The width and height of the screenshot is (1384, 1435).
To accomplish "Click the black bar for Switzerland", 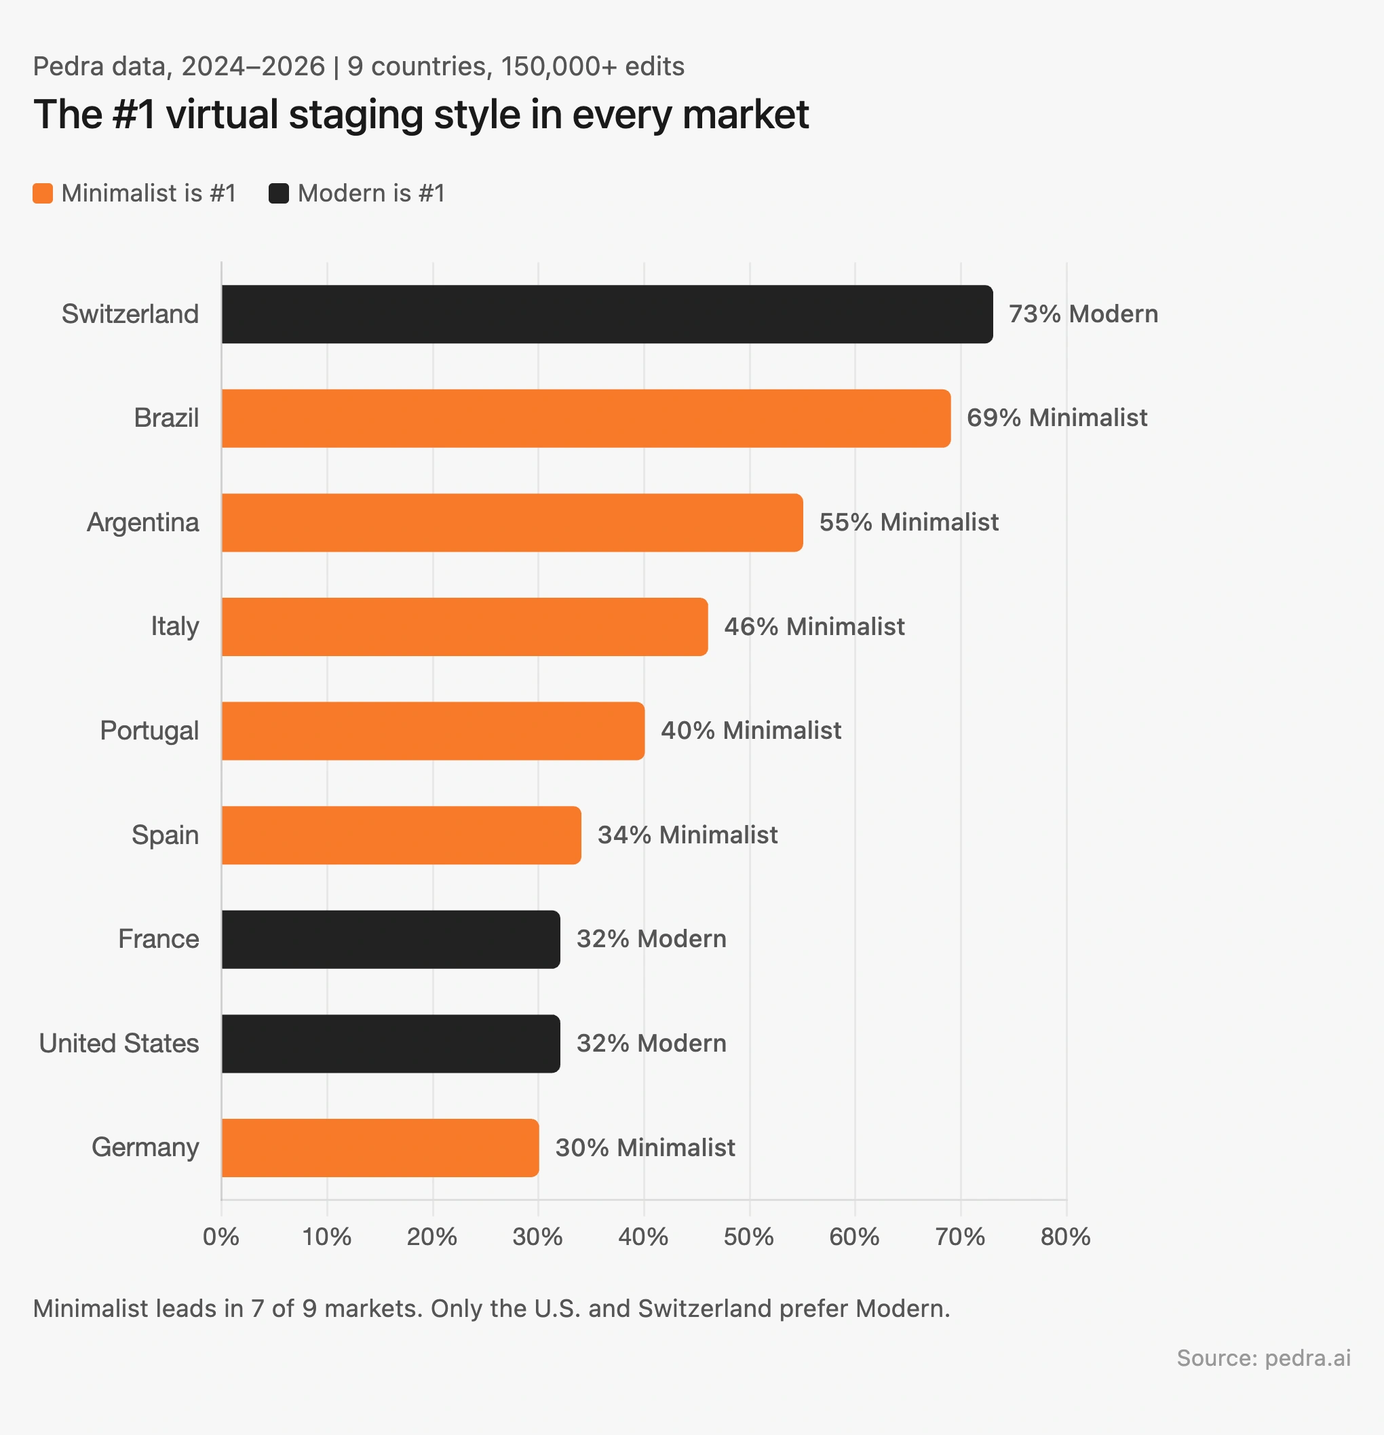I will (607, 314).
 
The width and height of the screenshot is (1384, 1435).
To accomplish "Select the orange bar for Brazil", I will (585, 418).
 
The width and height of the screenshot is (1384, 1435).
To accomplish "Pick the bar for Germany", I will (380, 1148).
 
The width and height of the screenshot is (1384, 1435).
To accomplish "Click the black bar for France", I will (390, 939).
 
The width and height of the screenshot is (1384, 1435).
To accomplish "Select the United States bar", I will (390, 1044).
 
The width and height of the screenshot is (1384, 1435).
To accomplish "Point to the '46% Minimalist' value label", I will (813, 627).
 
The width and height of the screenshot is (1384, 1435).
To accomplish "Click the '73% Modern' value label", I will (1083, 314).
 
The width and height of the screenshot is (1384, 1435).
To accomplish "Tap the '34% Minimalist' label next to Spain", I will (687, 835).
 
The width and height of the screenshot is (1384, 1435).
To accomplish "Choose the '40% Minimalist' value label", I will (750, 731).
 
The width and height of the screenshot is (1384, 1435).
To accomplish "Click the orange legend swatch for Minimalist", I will (43, 193).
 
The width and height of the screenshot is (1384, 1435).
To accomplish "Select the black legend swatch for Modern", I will (279, 193).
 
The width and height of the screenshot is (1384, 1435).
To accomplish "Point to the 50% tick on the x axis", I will (748, 1238).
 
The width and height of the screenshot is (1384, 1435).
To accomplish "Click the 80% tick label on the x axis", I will (1065, 1238).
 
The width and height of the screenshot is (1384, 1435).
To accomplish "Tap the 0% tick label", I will (221, 1238).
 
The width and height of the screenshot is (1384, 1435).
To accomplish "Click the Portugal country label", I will (149, 731).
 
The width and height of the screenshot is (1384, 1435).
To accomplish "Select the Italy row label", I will (174, 627).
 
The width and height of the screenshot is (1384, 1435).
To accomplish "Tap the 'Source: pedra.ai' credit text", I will (1263, 1358).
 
